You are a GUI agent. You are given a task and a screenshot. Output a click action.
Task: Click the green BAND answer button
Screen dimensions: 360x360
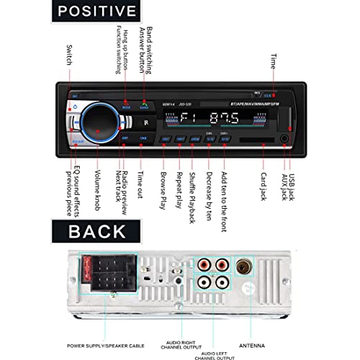point(144,106)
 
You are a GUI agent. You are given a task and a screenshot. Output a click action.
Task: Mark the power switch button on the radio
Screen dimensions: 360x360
point(74,107)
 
